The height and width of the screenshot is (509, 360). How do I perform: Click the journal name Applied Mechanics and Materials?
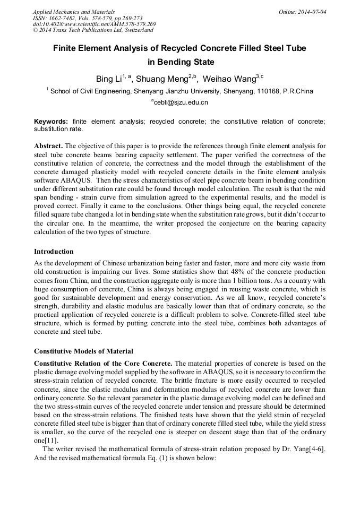(73, 11)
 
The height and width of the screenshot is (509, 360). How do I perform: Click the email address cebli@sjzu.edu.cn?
(181, 102)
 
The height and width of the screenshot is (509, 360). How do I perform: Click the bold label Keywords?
(51, 122)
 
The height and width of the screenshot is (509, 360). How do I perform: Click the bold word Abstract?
(48, 145)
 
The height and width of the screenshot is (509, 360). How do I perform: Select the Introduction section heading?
(54, 251)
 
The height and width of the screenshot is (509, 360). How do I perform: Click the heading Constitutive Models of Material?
(83, 351)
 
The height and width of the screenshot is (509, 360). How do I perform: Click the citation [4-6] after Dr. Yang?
(314, 450)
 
